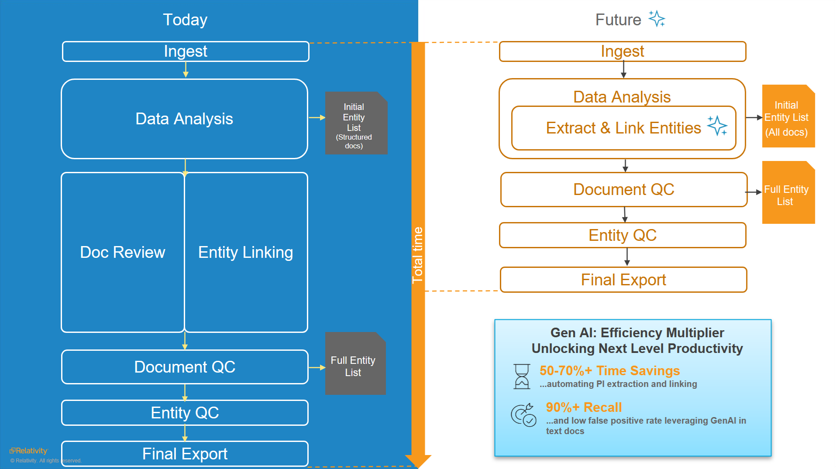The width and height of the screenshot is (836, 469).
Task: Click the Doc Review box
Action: pos(123,252)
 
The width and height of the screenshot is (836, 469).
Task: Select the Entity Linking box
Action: pos(246,252)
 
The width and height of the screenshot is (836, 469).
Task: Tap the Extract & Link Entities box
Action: pos(623,128)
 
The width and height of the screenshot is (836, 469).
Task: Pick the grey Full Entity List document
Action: pos(355,364)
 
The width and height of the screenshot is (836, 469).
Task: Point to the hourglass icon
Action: pos(522,377)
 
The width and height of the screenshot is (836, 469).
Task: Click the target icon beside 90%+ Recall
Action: pos(523,414)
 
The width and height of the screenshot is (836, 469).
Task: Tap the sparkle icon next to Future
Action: pos(657,19)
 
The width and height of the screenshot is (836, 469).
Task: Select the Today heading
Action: pos(185,20)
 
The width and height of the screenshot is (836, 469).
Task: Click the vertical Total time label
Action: pos(418,255)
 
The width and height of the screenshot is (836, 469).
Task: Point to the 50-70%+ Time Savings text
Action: pos(609,370)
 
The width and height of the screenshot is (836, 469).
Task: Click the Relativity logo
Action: pos(28,451)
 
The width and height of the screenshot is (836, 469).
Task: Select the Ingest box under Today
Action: pos(186,51)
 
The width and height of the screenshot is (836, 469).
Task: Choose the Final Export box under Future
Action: pos(623,280)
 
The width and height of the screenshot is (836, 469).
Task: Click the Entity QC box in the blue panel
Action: pos(185,413)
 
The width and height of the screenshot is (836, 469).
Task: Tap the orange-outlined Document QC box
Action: pos(624,189)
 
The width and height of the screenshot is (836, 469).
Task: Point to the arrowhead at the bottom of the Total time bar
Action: pos(418,461)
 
